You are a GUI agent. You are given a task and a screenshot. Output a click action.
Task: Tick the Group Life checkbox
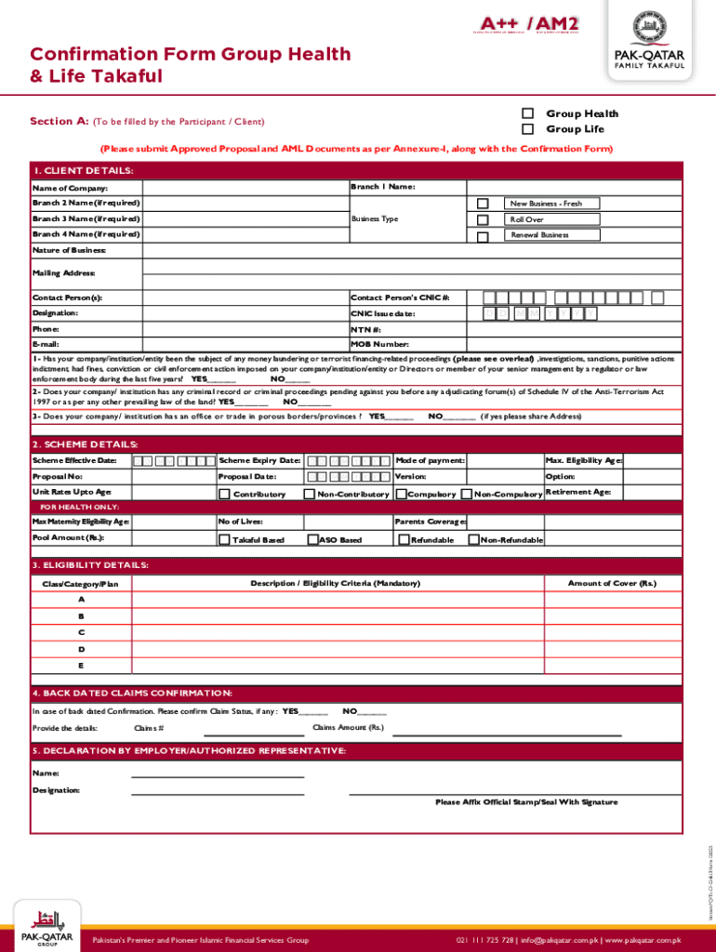point(527,129)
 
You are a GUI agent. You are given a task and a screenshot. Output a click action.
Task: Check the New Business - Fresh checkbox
point(482,204)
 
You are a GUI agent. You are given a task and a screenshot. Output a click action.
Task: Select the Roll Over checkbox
point(482,219)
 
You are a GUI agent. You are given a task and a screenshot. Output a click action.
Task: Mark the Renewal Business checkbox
point(482,236)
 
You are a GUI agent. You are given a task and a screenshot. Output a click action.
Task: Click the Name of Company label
point(63,189)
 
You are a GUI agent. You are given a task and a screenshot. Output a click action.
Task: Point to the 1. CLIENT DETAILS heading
point(83,171)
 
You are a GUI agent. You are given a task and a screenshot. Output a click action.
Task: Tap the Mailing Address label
point(63,273)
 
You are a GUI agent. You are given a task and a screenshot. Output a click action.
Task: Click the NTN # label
point(365,329)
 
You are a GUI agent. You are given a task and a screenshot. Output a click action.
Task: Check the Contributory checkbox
point(224,494)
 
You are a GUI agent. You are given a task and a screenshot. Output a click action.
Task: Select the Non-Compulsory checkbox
point(467,494)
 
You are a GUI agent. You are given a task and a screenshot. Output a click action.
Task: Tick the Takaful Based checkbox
point(224,539)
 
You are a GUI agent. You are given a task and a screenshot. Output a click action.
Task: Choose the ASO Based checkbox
point(312,539)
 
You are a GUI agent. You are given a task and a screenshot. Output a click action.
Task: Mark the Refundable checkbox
point(404,539)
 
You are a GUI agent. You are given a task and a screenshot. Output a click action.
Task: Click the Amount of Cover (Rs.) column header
point(612,583)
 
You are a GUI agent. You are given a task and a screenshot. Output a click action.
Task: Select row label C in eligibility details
point(81,632)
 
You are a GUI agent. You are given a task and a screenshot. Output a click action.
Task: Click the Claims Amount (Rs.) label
point(348,727)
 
